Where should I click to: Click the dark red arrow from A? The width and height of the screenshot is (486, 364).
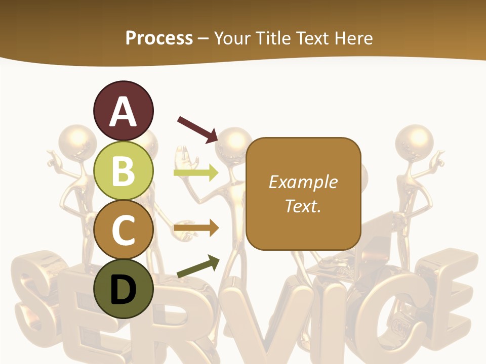coord(197,128)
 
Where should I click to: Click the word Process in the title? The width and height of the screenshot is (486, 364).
coord(159,38)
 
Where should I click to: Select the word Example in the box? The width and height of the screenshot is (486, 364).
coord(303,182)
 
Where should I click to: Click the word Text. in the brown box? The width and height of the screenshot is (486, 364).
coord(303,206)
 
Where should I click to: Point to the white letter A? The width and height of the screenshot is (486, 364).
coord(123,112)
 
